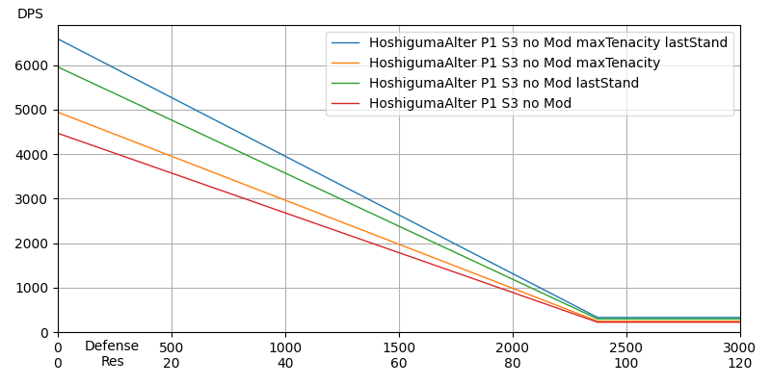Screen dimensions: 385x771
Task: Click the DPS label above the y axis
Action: pyautogui.click(x=30, y=14)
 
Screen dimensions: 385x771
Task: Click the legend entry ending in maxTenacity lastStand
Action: pyautogui.click(x=547, y=43)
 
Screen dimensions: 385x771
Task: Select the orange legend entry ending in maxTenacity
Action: pyautogui.click(x=514, y=64)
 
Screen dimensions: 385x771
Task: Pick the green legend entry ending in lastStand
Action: pyautogui.click(x=503, y=84)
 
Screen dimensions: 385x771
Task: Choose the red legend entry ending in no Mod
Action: pyautogui.click(x=469, y=104)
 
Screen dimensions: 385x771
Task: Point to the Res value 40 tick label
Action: pyautogui.click(x=285, y=363)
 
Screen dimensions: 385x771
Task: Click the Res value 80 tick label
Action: pyautogui.click(x=513, y=363)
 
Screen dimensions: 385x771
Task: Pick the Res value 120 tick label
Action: pyautogui.click(x=739, y=363)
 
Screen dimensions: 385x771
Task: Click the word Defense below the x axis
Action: pyautogui.click(x=112, y=346)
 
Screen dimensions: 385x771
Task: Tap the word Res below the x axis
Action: pyautogui.click(x=113, y=362)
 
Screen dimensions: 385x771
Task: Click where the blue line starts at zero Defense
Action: pyautogui.click(x=58, y=39)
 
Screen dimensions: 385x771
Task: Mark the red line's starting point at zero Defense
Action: pyautogui.click(x=58, y=133)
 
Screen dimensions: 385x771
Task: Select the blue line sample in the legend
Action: pyautogui.click(x=346, y=43)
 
